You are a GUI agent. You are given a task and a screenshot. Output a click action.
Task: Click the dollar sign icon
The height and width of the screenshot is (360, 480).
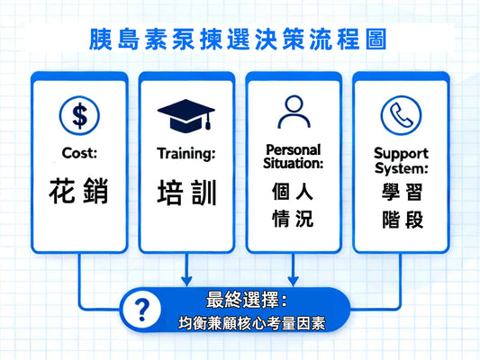coord(79,113)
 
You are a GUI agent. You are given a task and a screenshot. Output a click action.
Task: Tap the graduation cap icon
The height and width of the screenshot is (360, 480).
coord(186,114)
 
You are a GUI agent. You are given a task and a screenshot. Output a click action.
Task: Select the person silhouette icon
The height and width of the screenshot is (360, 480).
coord(293,113)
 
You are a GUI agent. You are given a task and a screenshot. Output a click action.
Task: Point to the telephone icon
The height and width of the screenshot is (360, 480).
coord(400,114)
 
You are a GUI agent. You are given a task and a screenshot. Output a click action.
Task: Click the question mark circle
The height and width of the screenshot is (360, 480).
coord(140,310)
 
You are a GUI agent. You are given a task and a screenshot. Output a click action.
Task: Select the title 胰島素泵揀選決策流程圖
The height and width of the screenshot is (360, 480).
coord(239,40)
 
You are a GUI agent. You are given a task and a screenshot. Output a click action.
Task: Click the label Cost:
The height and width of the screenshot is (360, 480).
coord(79,153)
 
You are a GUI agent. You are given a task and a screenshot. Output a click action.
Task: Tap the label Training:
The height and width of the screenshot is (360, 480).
coord(186,153)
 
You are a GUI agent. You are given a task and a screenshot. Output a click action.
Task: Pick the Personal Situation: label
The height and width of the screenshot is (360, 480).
coord(293,155)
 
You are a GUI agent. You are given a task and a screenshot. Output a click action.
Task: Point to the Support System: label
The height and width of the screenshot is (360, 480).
coord(401,160)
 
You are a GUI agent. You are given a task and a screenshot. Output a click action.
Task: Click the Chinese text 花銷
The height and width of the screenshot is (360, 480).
coord(79,192)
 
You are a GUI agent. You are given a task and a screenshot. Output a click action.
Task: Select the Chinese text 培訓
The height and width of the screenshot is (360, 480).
coord(186,193)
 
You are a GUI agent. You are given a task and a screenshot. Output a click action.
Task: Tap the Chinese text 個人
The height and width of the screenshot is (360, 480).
coord(293,192)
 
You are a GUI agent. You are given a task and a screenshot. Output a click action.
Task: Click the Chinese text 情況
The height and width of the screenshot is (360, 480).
coord(293,219)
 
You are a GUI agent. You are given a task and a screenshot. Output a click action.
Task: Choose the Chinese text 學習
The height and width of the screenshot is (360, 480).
coord(401,192)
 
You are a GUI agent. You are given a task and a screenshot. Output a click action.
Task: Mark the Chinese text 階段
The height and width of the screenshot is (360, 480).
coord(401,220)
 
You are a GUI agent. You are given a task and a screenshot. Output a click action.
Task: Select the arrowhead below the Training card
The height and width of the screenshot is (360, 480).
coord(186,279)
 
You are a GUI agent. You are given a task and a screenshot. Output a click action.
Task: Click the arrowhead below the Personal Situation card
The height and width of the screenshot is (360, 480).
coord(293,279)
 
